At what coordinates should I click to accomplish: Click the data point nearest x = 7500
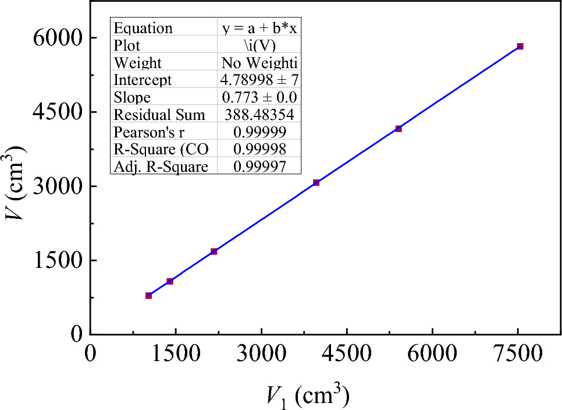(x=520, y=46)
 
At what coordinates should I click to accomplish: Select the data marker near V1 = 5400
(x=399, y=129)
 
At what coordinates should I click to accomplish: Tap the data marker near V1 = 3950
(x=316, y=183)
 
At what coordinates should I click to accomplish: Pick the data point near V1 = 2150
(x=214, y=252)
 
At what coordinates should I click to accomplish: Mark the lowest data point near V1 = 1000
(x=148, y=296)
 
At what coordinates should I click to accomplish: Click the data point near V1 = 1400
(x=170, y=281)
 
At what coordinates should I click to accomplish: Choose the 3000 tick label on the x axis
(x=261, y=354)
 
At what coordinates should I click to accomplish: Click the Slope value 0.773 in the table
(x=259, y=97)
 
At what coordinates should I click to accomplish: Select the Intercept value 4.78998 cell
(x=259, y=80)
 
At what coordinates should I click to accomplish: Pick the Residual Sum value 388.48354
(x=259, y=115)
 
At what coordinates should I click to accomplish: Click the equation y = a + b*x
(x=259, y=29)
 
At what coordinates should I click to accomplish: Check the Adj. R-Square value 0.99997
(x=259, y=167)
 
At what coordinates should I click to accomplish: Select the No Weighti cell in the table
(x=259, y=63)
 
